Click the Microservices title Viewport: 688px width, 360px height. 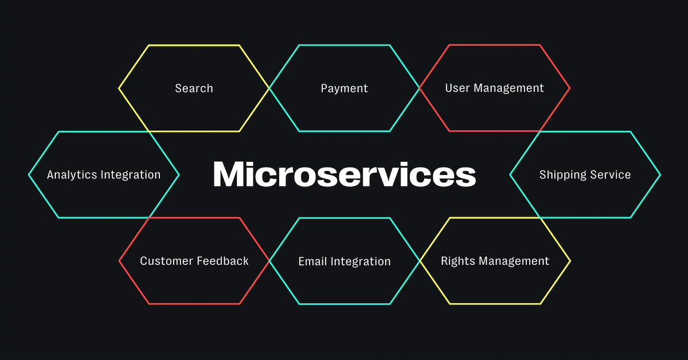(344, 174)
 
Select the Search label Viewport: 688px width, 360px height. (194, 88)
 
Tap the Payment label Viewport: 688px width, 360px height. (344, 88)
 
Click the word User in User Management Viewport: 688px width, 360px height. (456, 88)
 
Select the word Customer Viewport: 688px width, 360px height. (166, 261)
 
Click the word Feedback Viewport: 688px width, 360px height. (222, 261)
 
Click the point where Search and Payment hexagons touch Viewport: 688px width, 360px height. (269, 88)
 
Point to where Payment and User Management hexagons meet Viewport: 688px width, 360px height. (420, 88)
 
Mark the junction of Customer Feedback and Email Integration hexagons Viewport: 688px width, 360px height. (269, 261)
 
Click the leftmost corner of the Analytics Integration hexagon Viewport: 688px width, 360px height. (29, 174)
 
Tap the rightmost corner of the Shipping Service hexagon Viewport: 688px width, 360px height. (660, 174)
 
